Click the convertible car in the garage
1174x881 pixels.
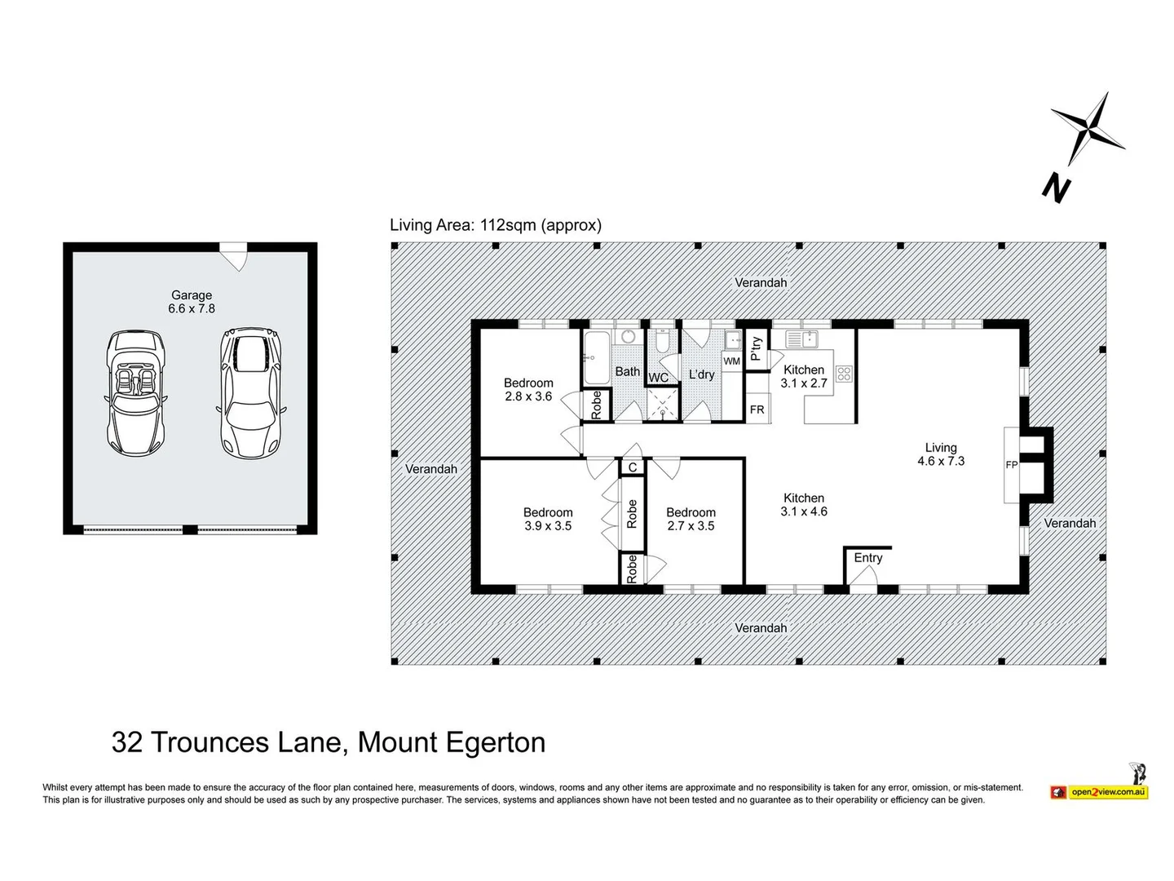click(135, 393)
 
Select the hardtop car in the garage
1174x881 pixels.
click(250, 392)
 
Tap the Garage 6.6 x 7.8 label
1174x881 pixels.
click(192, 302)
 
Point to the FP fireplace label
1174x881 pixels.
click(1012, 465)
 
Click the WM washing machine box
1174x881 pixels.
click(732, 361)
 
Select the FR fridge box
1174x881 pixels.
click(757, 410)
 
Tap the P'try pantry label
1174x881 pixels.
click(756, 348)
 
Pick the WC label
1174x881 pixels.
click(658, 378)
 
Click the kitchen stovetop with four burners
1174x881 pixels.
click(844, 374)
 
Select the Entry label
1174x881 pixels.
click(868, 558)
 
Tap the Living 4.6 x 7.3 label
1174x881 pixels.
click(941, 454)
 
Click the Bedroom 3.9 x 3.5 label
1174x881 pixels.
click(548, 520)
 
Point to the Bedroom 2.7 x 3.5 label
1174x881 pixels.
click(691, 520)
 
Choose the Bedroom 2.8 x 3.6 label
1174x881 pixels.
click(528, 389)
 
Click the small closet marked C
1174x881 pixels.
click(632, 467)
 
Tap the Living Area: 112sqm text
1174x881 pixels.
click(495, 225)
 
